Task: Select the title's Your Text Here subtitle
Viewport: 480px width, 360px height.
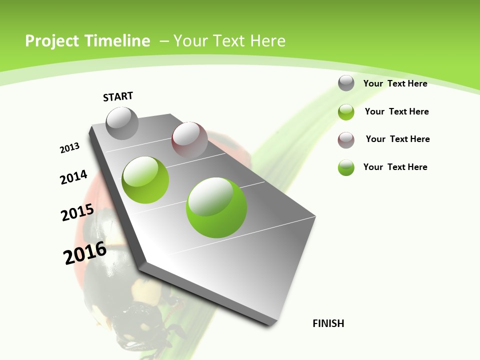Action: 229,41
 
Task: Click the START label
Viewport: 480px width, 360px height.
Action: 118,96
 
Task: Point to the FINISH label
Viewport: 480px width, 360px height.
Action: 328,323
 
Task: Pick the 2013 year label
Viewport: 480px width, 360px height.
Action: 69,148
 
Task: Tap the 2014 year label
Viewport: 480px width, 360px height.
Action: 73,177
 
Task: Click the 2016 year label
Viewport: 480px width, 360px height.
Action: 85,253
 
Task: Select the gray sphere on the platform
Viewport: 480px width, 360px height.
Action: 122,123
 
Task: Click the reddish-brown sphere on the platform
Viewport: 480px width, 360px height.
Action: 189,139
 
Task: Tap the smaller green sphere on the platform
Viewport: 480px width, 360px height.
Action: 145,179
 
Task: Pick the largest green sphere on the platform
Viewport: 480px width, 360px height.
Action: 216,207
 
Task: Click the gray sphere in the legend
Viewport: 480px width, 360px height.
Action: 346,83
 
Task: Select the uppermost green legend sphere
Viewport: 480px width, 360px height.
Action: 346,112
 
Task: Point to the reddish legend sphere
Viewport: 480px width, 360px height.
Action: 346,140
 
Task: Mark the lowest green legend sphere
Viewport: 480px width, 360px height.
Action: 346,167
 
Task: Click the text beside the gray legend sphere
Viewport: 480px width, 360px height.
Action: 395,83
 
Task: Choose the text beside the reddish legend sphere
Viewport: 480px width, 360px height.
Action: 397,139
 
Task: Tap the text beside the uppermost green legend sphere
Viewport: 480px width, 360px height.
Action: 396,111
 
